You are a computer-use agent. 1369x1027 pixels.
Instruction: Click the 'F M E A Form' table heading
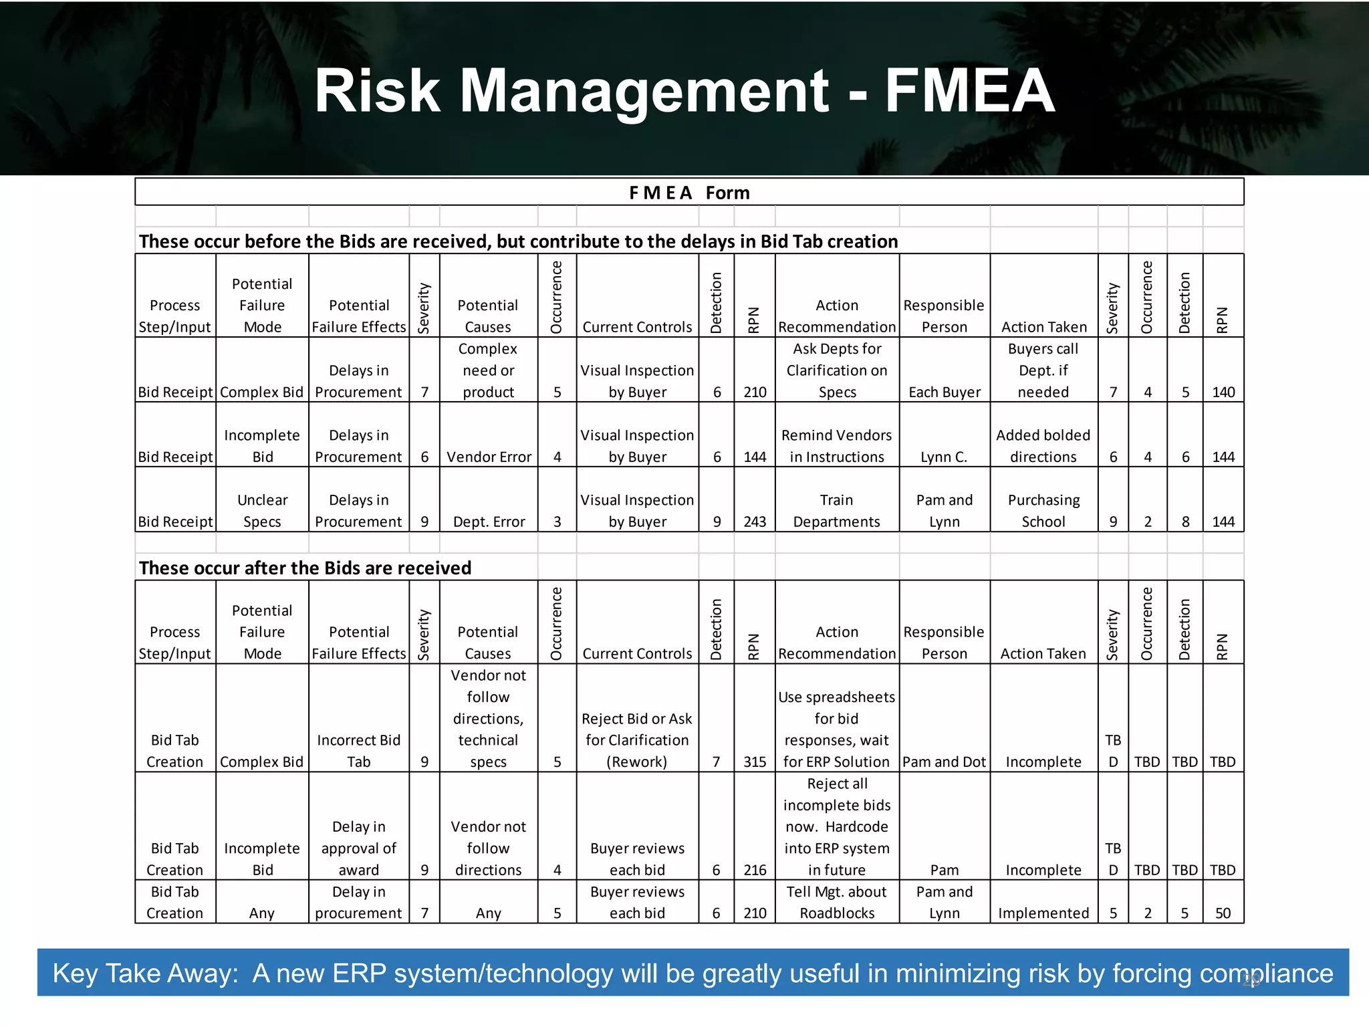click(x=689, y=193)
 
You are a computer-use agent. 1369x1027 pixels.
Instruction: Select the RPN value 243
click(x=755, y=522)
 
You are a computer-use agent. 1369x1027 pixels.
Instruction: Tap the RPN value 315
click(x=755, y=762)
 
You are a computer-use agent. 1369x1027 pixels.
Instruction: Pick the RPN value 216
click(x=755, y=870)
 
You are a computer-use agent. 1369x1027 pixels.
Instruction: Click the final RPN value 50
click(x=1223, y=913)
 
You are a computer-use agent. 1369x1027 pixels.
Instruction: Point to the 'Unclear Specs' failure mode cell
click(x=262, y=511)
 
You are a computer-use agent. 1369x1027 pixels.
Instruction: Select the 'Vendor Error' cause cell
click(x=489, y=457)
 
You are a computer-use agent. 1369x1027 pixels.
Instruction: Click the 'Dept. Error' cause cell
click(x=489, y=522)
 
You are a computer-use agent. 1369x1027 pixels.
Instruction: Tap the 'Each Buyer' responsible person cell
click(x=944, y=392)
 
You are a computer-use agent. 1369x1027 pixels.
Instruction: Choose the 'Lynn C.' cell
click(x=944, y=457)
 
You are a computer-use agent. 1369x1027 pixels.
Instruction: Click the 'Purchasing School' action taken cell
click(x=1043, y=511)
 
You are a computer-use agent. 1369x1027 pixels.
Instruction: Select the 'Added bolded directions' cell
click(x=1043, y=446)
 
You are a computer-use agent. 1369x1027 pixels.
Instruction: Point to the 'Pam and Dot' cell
click(x=944, y=762)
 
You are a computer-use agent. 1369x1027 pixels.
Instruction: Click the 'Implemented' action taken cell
click(x=1043, y=913)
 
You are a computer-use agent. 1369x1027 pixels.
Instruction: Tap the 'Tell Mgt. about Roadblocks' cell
click(x=837, y=902)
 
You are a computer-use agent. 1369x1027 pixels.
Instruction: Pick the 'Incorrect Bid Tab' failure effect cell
click(x=359, y=751)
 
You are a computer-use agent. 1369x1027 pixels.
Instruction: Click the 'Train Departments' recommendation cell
click(x=837, y=511)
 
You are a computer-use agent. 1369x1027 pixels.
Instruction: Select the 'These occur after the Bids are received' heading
click(x=305, y=568)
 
